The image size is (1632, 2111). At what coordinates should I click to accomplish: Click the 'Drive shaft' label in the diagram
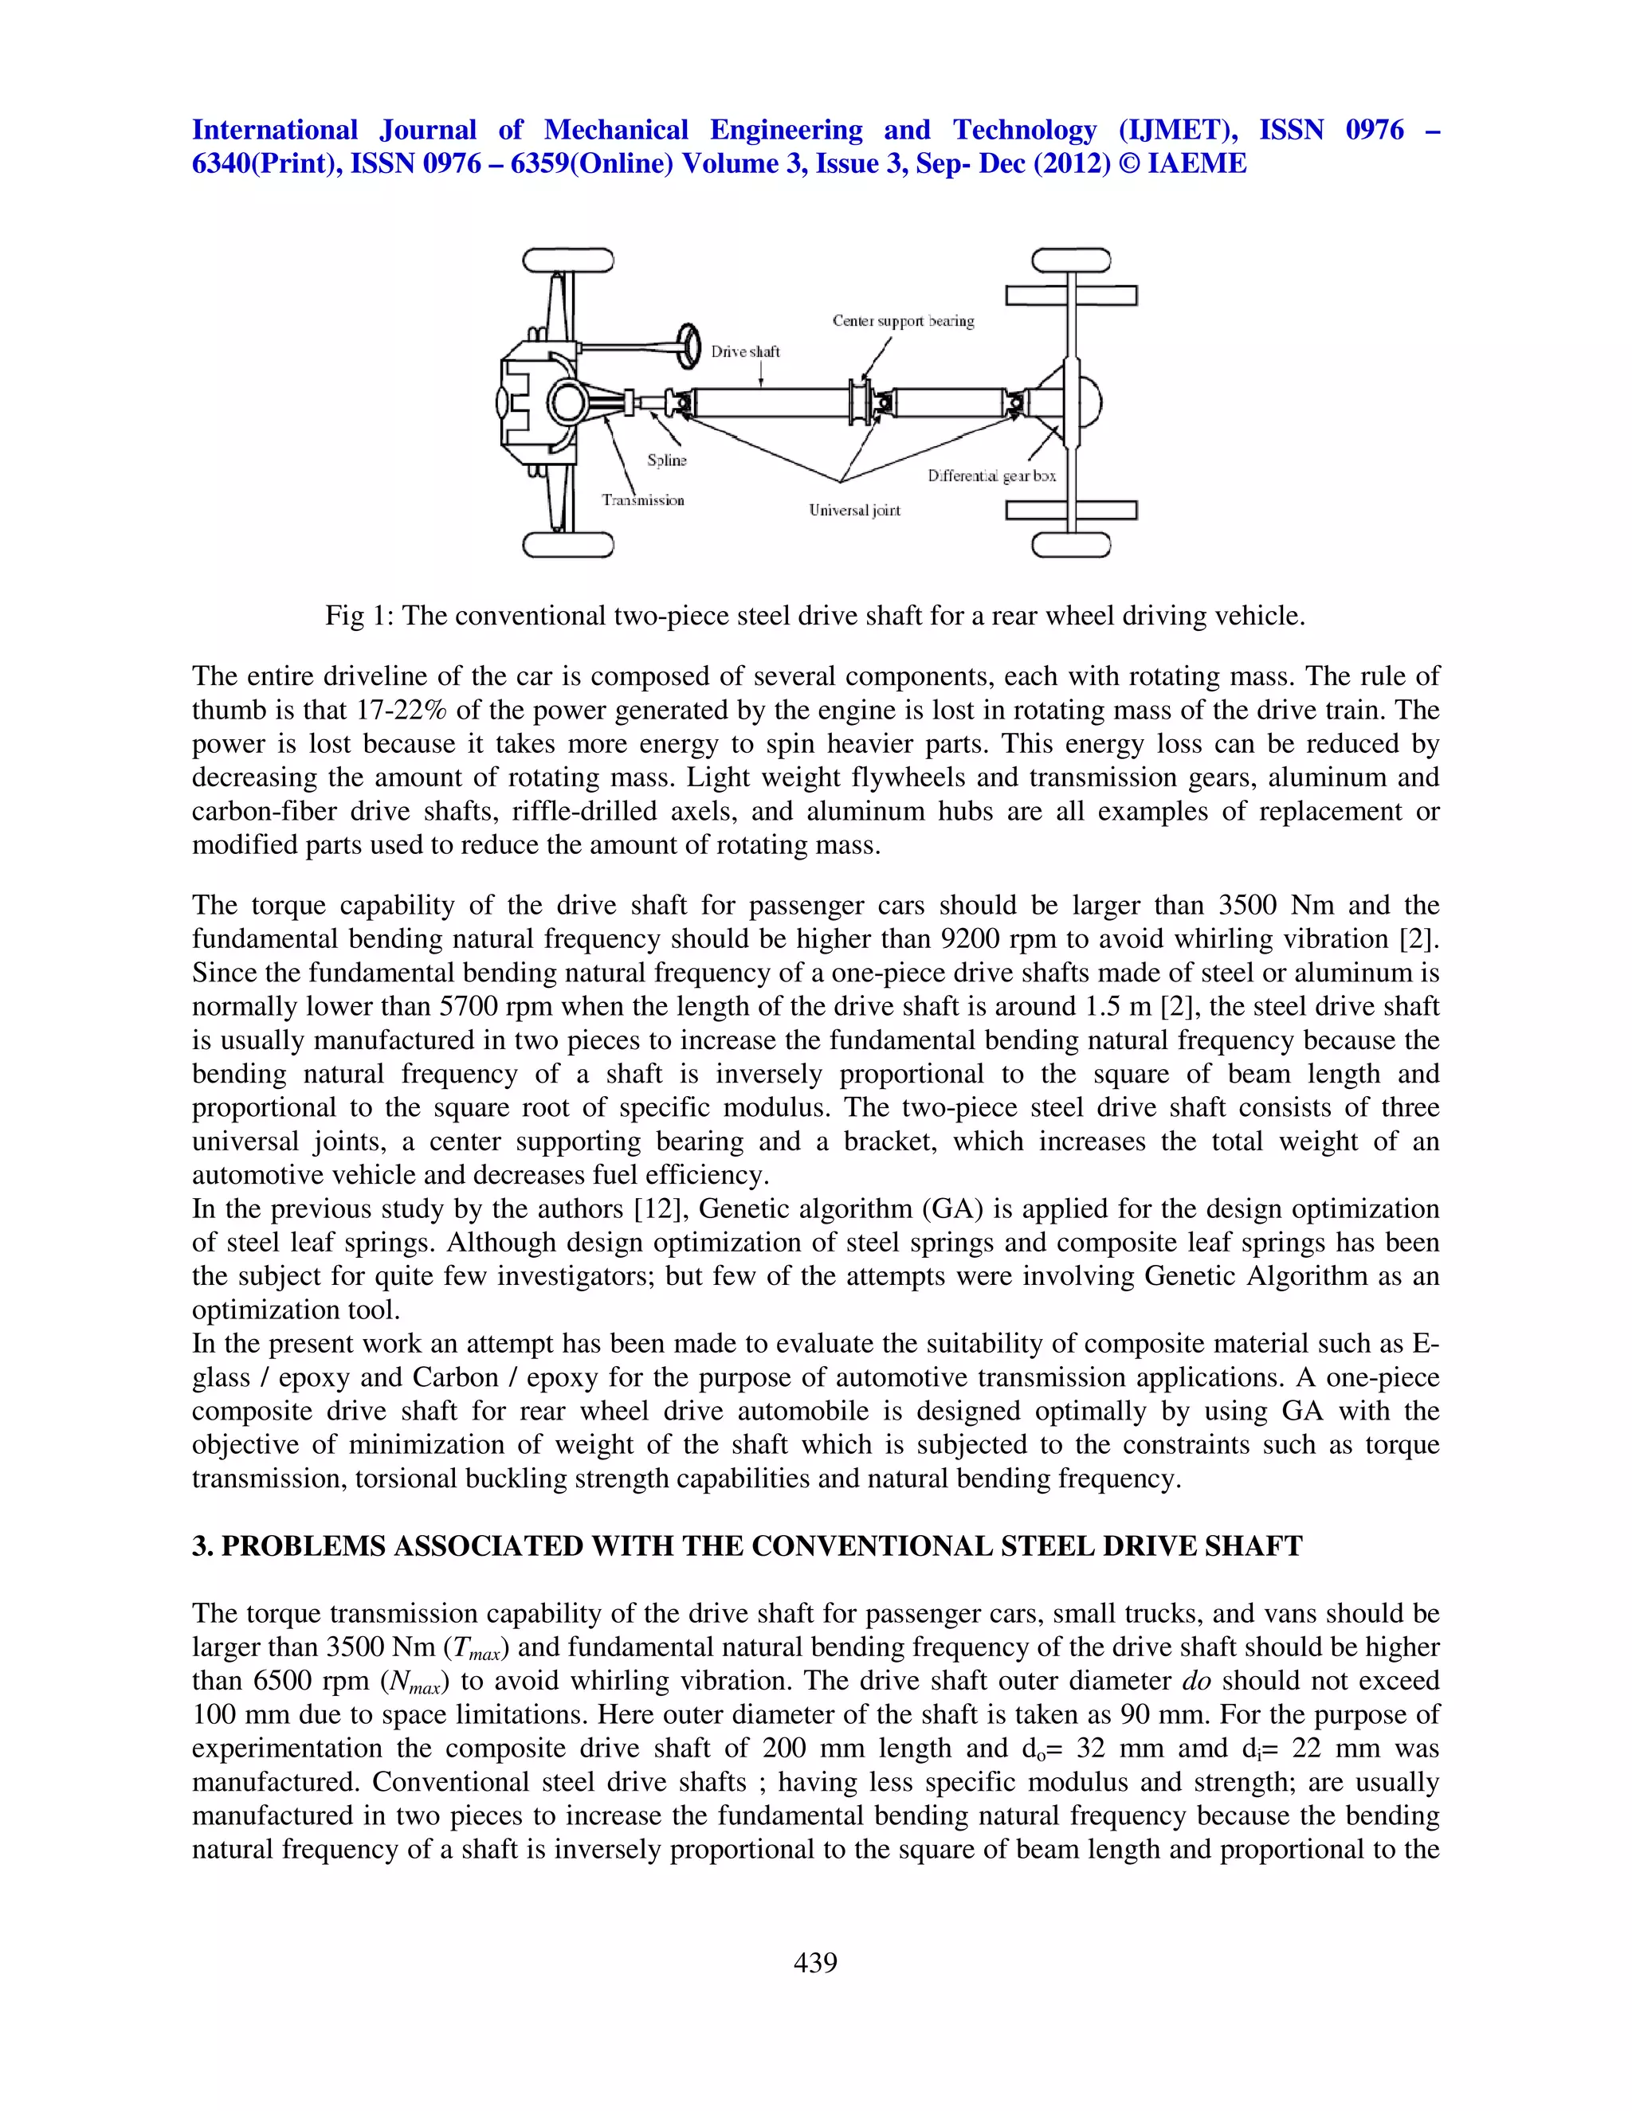[744, 352]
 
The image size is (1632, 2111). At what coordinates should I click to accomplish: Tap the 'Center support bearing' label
[903, 321]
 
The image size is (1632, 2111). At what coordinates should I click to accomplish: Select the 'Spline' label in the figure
[666, 460]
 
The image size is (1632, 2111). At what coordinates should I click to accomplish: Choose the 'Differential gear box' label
[991, 476]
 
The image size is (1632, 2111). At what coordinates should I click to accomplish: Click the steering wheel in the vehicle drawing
[688, 345]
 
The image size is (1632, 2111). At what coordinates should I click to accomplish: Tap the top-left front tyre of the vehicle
[567, 261]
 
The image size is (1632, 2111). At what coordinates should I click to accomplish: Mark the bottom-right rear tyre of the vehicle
[1070, 544]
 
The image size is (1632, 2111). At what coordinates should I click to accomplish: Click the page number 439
[815, 1962]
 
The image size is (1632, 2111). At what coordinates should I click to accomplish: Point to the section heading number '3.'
[201, 1546]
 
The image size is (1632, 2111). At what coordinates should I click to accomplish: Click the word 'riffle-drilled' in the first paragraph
[589, 812]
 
